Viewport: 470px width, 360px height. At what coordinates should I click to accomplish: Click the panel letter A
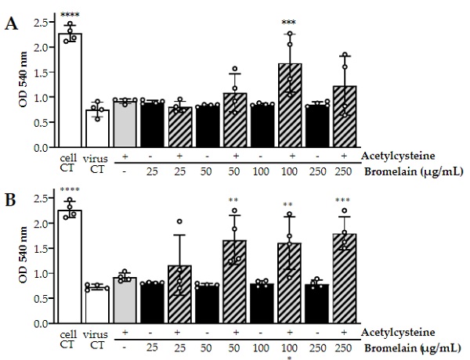coord(12,24)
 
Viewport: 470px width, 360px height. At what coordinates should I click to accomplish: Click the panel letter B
coord(12,198)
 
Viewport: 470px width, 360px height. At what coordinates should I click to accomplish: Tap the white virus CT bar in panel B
coord(97,305)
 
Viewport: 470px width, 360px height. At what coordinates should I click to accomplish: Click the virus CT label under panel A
coord(97,162)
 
